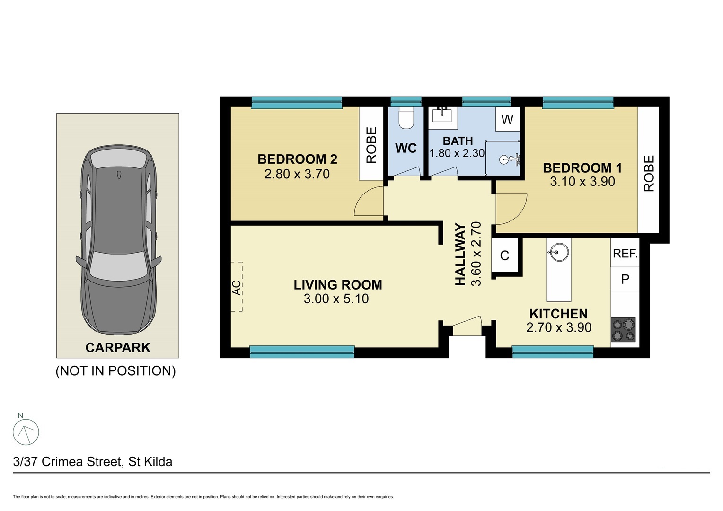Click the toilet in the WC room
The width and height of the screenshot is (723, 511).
[x=406, y=118]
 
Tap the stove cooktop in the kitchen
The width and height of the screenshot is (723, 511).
[x=623, y=330]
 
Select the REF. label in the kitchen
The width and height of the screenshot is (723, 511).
[x=625, y=254]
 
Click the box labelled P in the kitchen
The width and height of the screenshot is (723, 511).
[x=625, y=279]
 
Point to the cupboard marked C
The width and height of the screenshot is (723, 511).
[x=504, y=255]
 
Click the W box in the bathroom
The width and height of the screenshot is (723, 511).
[x=507, y=119]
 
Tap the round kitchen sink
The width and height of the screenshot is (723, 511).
[x=558, y=252]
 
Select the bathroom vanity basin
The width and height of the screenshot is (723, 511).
[x=442, y=115]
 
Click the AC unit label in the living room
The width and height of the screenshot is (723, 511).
[x=237, y=287]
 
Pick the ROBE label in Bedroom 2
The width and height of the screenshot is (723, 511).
[x=371, y=145]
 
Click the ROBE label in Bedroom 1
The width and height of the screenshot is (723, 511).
[x=648, y=173]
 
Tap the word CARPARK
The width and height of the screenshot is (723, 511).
[x=118, y=347]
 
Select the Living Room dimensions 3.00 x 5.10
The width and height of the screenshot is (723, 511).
[x=336, y=299]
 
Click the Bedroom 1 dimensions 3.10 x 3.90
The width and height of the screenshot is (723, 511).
[x=582, y=181]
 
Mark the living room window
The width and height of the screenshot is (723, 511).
[x=302, y=352]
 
